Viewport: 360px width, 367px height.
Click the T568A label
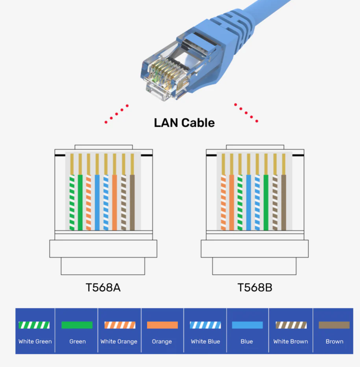point(103,288)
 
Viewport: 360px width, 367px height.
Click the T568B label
point(255,288)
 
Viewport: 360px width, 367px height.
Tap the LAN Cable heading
point(184,123)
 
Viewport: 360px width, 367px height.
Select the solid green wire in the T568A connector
point(80,202)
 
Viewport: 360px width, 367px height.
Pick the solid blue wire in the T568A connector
point(97,202)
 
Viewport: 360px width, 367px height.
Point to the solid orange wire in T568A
point(114,202)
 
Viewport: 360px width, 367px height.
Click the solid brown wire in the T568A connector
point(132,202)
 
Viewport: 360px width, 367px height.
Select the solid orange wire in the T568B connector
point(231,202)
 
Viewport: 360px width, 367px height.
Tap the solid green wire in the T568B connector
point(266,202)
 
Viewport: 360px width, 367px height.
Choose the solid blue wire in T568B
point(249,202)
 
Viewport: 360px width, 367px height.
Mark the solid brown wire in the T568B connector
point(284,202)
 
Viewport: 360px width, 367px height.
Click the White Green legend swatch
point(34,325)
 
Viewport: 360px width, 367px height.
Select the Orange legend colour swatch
point(163,325)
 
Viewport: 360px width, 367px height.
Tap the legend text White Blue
point(205,341)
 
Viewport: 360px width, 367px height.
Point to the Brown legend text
point(334,341)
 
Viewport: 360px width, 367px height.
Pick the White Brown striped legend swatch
point(291,325)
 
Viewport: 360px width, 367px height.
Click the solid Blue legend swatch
point(247,325)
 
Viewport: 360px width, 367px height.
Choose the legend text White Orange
point(119,342)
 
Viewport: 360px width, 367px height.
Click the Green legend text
point(77,341)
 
